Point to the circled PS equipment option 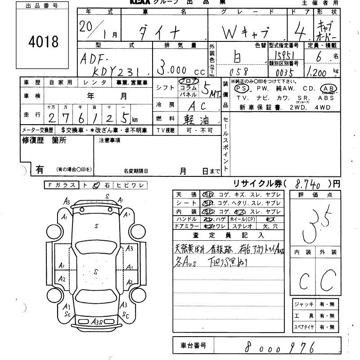242,89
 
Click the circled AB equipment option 328,89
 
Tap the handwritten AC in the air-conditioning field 197,105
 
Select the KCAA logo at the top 134,3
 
